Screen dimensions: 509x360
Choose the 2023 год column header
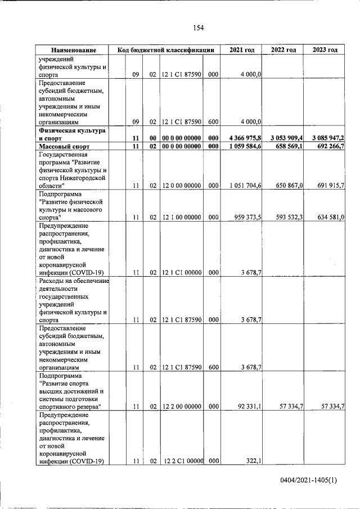[325, 50]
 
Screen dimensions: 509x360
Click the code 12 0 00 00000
[181, 185]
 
